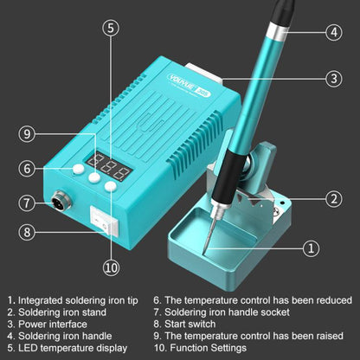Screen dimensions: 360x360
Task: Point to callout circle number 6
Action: (28, 168)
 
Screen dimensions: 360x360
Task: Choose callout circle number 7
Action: (28, 204)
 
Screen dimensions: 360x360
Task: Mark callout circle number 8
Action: (28, 231)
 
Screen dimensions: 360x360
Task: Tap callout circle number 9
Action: (28, 134)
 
